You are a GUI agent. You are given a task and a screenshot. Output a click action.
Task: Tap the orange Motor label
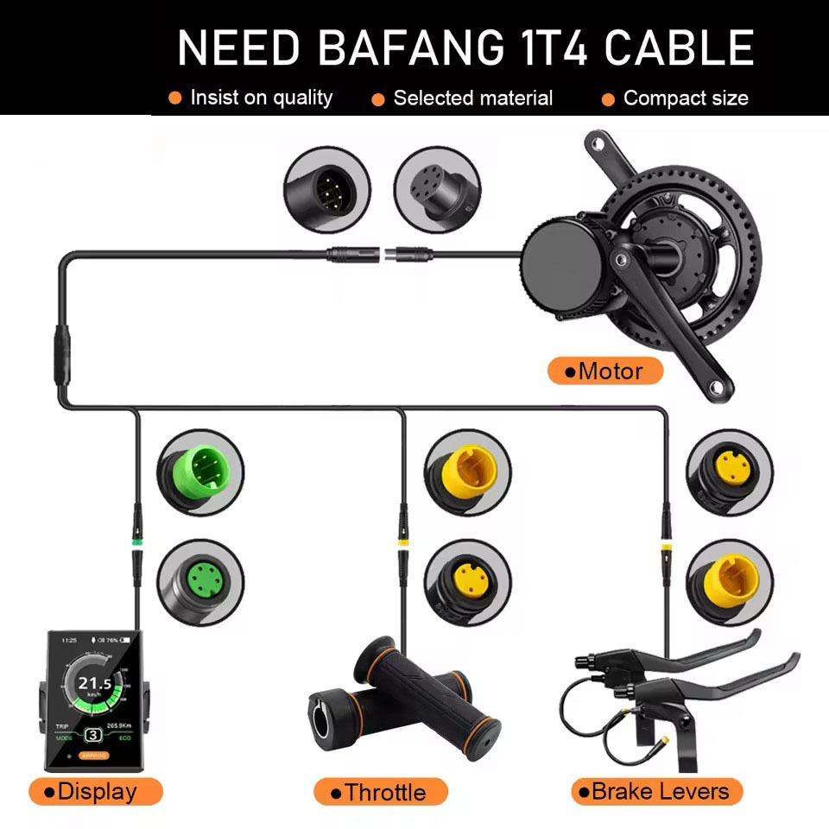pyautogui.click(x=606, y=371)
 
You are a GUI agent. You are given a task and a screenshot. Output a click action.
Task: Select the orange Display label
pyautogui.click(x=95, y=791)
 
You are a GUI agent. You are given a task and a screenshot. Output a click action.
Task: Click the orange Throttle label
pyautogui.click(x=381, y=792)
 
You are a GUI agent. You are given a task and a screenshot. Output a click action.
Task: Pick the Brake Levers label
pyautogui.click(x=657, y=791)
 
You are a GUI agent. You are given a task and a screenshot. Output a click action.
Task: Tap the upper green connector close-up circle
pyautogui.click(x=200, y=471)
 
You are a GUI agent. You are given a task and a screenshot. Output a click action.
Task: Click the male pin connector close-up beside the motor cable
pyautogui.click(x=326, y=189)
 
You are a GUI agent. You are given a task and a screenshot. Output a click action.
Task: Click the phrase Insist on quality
pyautogui.click(x=261, y=98)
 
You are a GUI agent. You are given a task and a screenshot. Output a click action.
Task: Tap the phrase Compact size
pyautogui.click(x=686, y=98)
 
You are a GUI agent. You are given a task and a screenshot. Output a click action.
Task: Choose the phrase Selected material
pyautogui.click(x=472, y=98)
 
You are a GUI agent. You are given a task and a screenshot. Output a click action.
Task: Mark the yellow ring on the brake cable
pyautogui.click(x=665, y=546)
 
